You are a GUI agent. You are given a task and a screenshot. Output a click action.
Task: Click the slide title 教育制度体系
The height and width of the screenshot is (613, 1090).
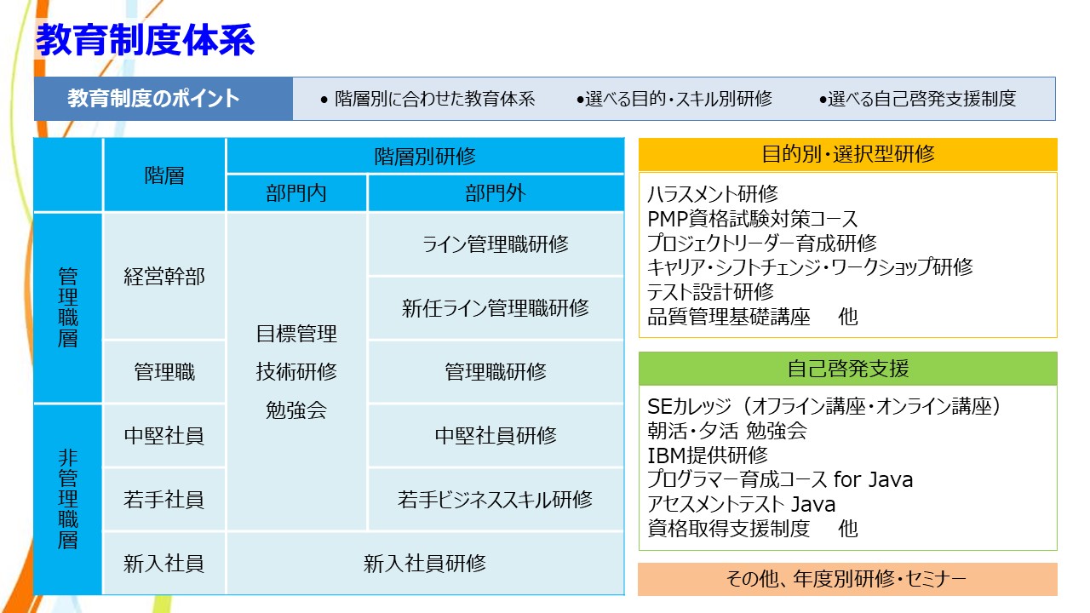[145, 40]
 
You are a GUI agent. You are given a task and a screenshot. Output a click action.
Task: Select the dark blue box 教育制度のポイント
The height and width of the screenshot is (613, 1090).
[163, 99]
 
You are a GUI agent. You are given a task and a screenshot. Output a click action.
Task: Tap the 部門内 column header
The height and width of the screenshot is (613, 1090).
[296, 193]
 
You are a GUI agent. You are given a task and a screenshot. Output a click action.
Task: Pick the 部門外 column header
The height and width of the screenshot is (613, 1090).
[496, 193]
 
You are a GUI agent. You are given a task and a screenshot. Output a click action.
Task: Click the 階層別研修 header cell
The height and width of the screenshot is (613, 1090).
[425, 156]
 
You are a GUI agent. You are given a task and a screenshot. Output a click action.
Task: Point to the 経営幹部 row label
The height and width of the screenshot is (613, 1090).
[164, 277]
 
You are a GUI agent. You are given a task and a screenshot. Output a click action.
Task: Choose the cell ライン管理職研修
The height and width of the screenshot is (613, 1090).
[496, 244]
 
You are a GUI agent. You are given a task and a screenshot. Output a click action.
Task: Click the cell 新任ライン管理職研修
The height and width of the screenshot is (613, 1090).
[496, 308]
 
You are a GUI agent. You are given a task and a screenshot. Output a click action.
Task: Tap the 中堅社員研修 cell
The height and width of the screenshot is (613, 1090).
[496, 435]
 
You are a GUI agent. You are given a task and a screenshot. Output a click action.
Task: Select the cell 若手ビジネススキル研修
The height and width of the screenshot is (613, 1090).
[496, 500]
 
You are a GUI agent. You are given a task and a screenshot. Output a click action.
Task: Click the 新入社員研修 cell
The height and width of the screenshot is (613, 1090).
[425, 564]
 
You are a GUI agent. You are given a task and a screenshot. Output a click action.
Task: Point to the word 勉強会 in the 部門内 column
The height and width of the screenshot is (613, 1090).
[296, 410]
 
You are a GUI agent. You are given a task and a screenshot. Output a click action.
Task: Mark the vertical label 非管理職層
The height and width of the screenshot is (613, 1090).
[67, 500]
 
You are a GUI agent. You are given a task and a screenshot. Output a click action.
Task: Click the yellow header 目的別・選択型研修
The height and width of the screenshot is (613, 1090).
[847, 154]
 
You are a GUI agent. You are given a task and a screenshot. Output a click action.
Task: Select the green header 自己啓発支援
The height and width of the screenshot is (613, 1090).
[847, 369]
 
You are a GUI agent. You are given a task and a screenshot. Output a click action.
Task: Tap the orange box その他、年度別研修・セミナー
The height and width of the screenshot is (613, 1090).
[847, 579]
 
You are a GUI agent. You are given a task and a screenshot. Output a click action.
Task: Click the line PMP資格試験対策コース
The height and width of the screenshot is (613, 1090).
[752, 219]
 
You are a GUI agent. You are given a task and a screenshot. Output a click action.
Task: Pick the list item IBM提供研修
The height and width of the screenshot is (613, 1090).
[708, 455]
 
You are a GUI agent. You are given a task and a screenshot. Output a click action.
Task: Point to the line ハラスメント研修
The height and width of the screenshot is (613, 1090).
[713, 194]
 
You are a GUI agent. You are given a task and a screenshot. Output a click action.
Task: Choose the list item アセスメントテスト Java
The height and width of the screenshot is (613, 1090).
[741, 504]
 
